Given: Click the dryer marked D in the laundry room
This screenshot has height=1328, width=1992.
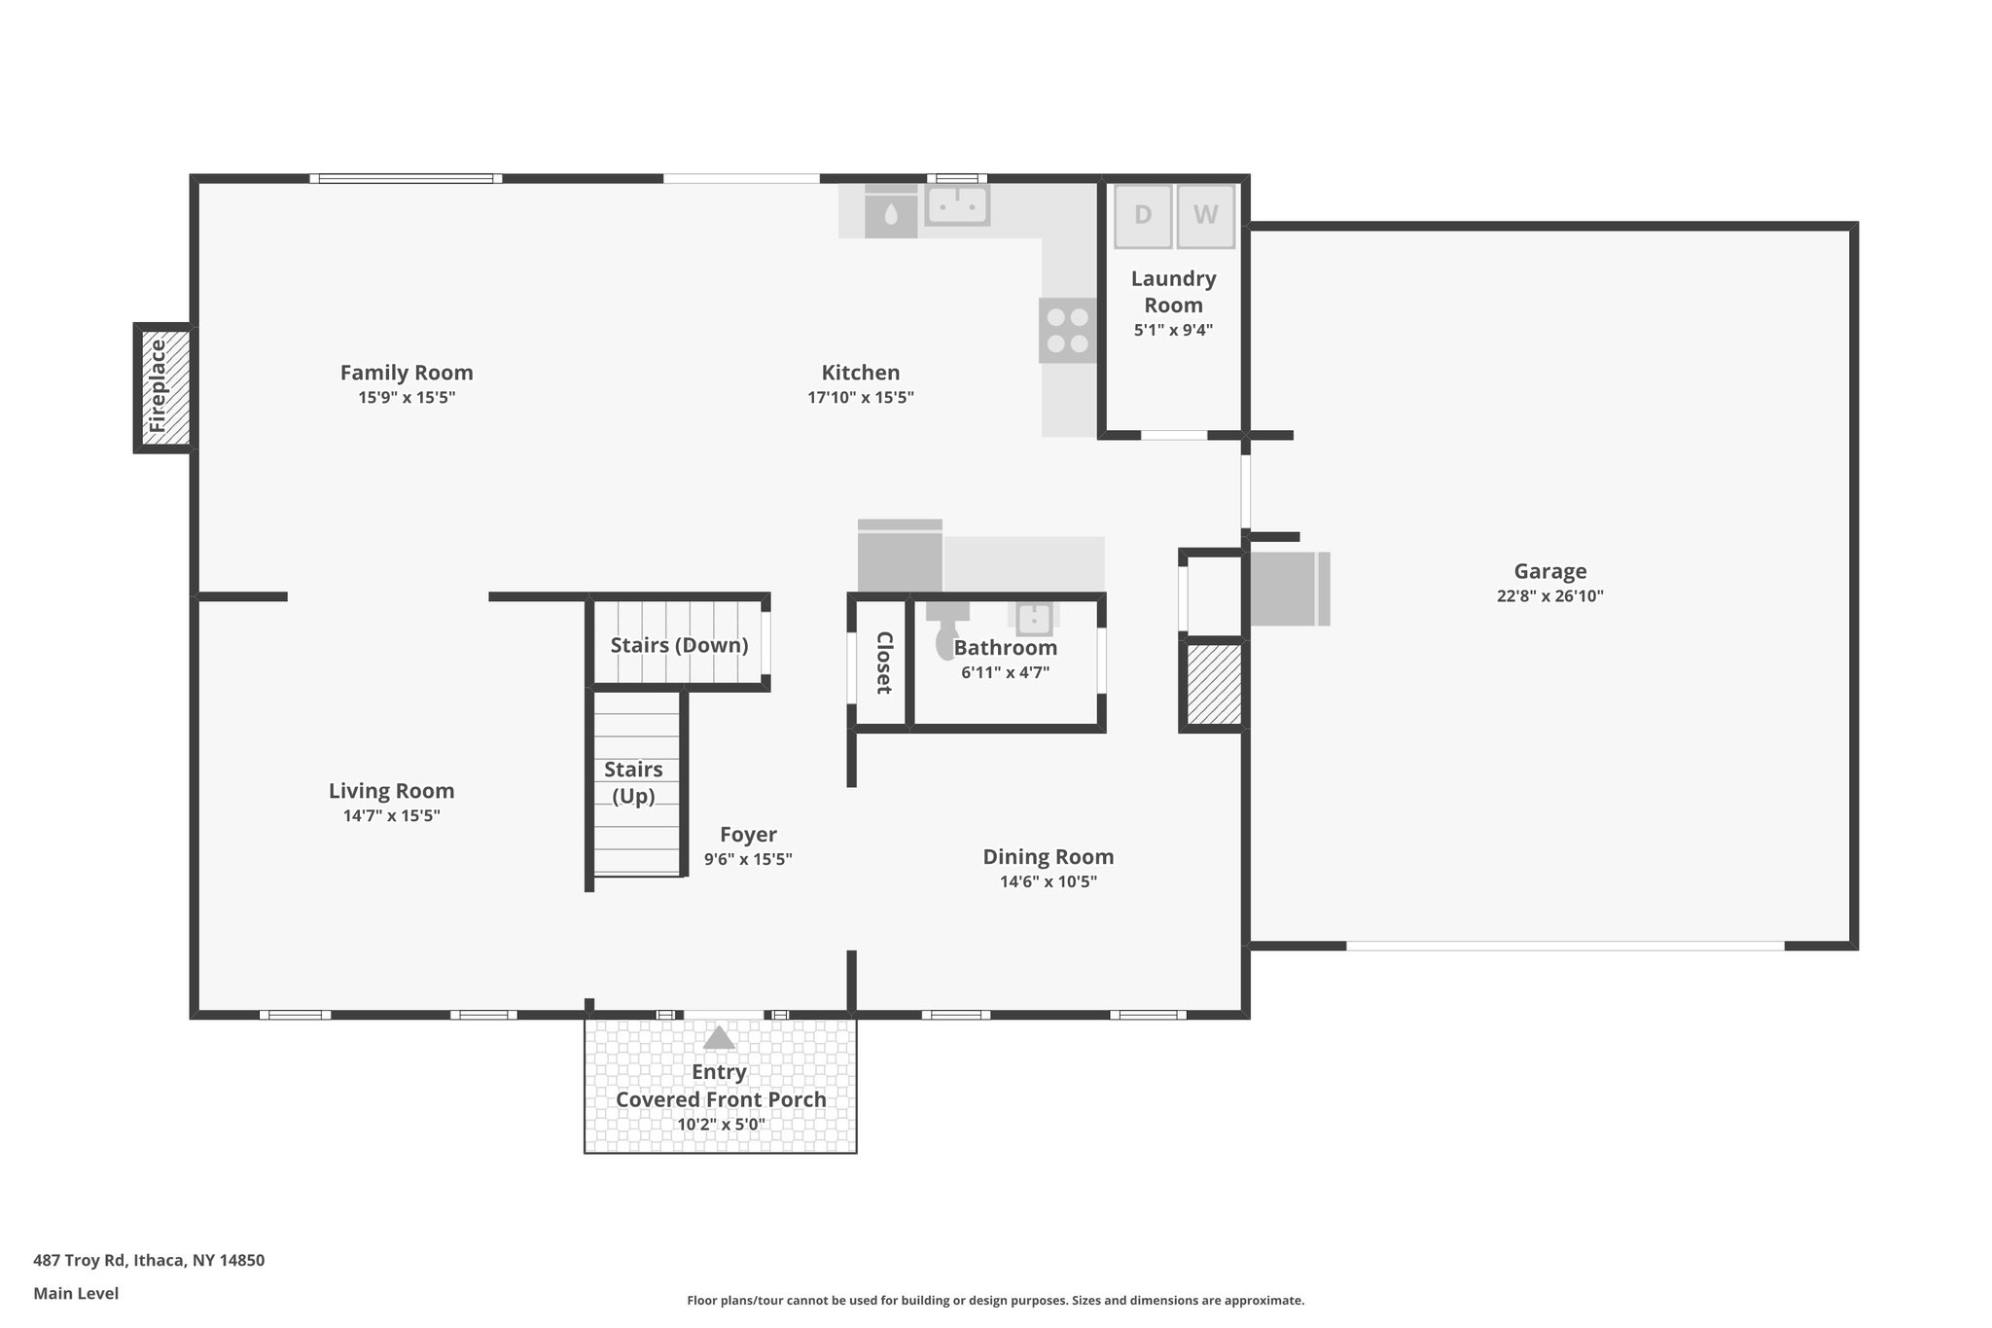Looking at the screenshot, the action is (x=1143, y=215).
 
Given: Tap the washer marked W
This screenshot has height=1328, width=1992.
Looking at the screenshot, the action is (x=1205, y=215).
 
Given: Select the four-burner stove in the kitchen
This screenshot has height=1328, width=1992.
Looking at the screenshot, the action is (x=1068, y=331).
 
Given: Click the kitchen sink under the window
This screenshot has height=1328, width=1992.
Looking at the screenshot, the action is (x=957, y=205).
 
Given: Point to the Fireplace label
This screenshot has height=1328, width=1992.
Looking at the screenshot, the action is (x=158, y=386).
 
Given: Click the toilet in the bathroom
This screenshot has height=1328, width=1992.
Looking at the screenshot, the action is (x=946, y=629).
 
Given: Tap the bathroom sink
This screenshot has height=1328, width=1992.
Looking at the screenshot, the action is (x=1034, y=617).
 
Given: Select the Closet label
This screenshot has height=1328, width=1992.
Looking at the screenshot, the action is (x=884, y=663).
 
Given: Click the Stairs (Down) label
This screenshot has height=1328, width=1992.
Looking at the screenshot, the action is (x=679, y=645).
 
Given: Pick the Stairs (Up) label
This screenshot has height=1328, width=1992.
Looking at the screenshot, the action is (x=633, y=783).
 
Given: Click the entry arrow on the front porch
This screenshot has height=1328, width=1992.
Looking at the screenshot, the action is (x=719, y=1037).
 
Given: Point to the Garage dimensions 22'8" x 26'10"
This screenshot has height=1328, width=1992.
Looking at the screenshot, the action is (x=1550, y=596).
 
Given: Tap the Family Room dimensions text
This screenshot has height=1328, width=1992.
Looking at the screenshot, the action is (x=407, y=398).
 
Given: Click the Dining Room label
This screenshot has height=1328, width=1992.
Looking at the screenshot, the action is (x=1049, y=857).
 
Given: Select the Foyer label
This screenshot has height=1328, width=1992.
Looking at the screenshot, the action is (x=748, y=835).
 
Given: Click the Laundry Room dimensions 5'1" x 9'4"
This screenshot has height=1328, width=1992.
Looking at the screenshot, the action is (x=1173, y=330).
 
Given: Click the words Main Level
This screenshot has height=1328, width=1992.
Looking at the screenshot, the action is (x=76, y=1293).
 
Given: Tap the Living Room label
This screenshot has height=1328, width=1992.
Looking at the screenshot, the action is (x=391, y=791).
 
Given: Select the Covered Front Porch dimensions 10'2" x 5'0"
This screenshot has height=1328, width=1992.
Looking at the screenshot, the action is (x=721, y=1125).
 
